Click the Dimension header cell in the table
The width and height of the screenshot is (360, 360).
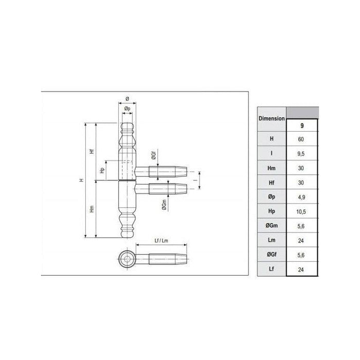tap(272, 119)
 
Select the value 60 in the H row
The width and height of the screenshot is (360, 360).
tap(301, 139)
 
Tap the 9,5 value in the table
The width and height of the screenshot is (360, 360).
tap(301, 154)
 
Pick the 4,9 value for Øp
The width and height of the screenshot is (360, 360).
tap(301, 197)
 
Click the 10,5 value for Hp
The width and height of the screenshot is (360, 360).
tap(301, 211)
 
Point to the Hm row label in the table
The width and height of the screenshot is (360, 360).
tap(272, 168)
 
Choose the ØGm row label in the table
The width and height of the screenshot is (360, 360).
tap(272, 226)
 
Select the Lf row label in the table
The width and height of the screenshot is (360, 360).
tap(272, 269)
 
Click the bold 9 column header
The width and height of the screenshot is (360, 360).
tap(302, 125)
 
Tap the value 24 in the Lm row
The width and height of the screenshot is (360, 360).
tap(301, 241)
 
